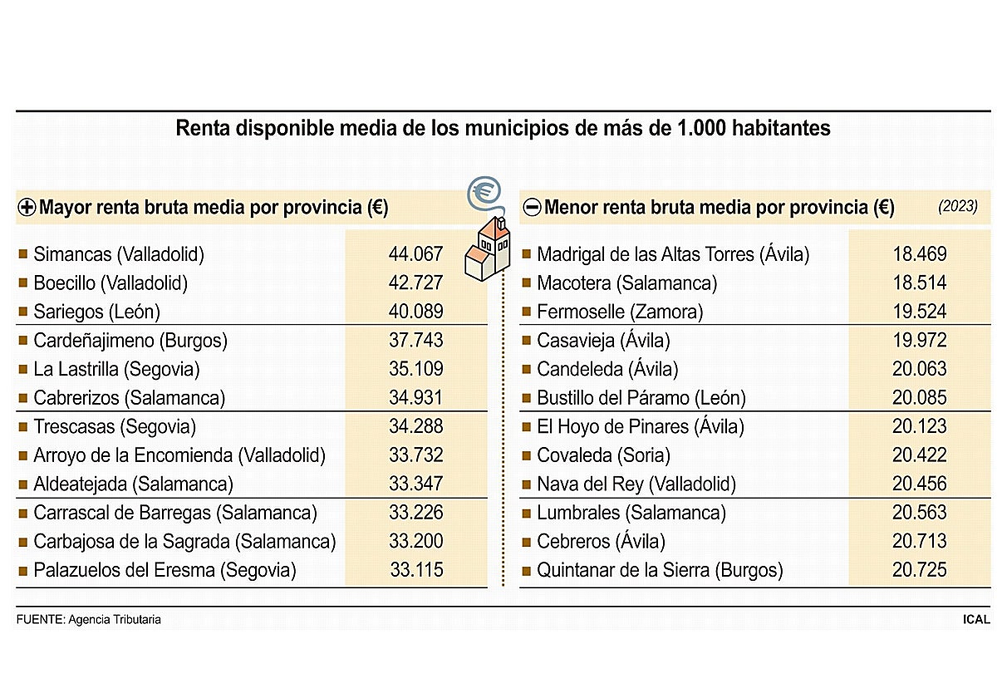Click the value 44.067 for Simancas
click(x=415, y=254)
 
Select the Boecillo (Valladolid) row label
click(x=111, y=283)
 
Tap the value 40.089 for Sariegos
click(x=415, y=312)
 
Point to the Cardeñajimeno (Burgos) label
click(x=130, y=341)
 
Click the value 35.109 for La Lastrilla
click(x=415, y=369)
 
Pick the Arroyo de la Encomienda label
click(x=179, y=455)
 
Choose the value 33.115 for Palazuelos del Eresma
click(x=416, y=570)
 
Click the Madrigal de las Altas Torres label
click(x=673, y=254)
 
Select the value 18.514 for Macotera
click(x=920, y=283)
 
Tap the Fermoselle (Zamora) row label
click(x=620, y=312)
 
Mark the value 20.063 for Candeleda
click(x=920, y=369)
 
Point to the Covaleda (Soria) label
click(x=603, y=455)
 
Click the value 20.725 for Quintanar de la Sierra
click(x=920, y=570)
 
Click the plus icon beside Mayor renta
click(x=26, y=208)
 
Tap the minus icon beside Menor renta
click(x=532, y=208)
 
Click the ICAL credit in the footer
click(x=975, y=619)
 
